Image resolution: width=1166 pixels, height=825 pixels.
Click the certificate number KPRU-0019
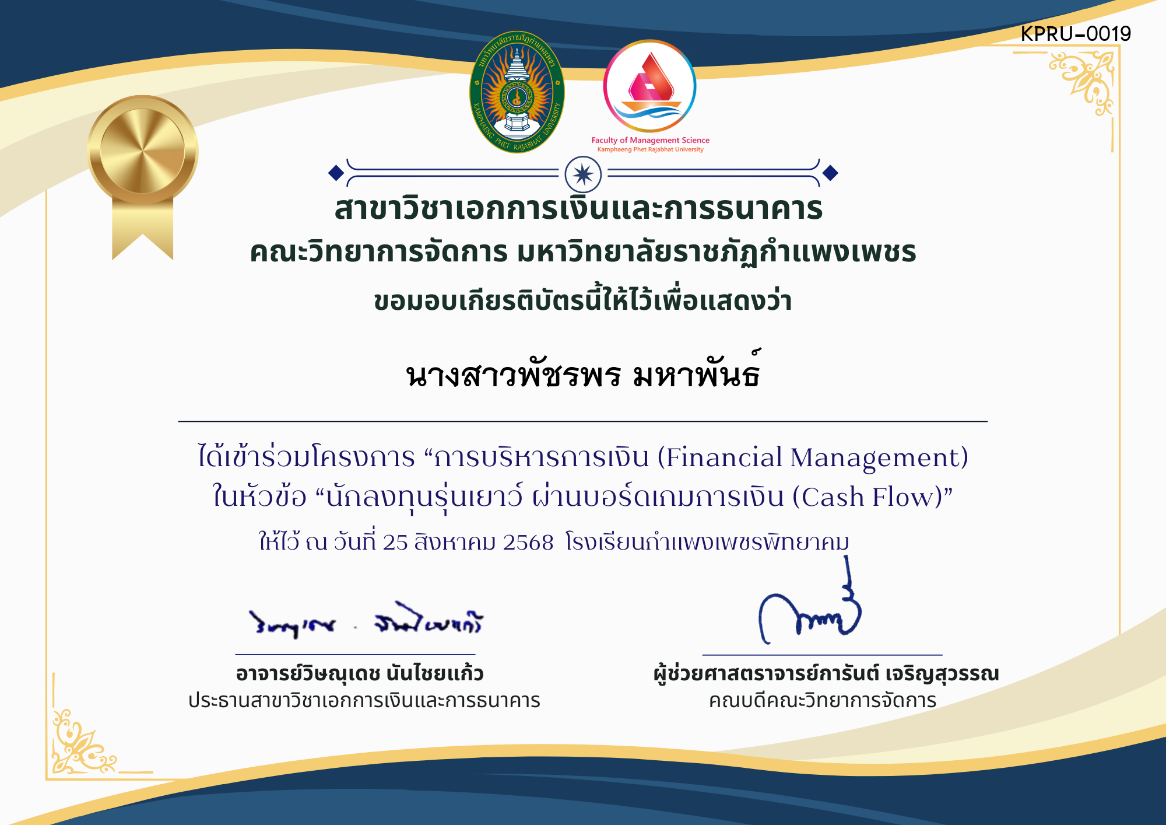point(1075,34)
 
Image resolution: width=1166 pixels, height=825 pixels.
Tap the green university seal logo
point(517,92)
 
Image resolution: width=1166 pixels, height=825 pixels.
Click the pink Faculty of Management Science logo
point(649,86)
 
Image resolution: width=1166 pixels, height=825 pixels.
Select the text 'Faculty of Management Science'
point(650,140)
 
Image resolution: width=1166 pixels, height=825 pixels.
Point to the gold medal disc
point(143,150)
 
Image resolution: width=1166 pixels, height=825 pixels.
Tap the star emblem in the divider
point(583,174)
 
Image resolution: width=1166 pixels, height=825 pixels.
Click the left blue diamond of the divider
point(336,173)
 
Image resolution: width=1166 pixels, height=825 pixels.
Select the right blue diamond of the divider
point(830,173)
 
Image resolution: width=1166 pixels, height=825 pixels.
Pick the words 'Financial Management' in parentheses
point(813,457)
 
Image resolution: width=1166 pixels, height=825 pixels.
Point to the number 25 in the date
point(395,543)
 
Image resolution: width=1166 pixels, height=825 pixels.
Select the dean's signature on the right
point(810,613)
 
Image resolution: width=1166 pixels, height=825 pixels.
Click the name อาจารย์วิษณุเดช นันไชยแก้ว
point(360,674)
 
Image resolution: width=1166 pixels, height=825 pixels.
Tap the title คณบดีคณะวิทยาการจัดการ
point(822,701)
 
